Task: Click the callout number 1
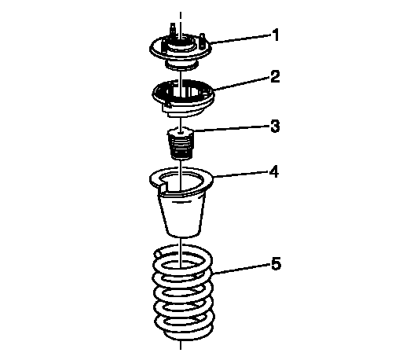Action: (275, 35)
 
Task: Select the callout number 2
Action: (275, 76)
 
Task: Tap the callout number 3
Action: (275, 126)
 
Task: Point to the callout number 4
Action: (274, 172)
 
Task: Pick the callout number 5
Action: (276, 263)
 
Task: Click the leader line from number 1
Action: (240, 39)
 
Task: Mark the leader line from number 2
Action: (242, 83)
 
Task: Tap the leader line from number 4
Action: (241, 174)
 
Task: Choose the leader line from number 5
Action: (242, 269)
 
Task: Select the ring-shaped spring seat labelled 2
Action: (183, 99)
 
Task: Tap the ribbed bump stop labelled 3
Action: (181, 143)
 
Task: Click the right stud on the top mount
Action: (202, 40)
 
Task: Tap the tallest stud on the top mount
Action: (173, 29)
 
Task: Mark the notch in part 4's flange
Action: (163, 186)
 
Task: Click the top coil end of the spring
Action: (158, 254)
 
